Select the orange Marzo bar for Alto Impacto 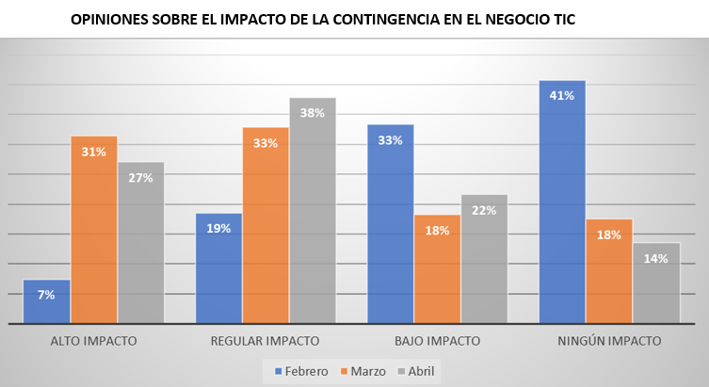pos(93,230)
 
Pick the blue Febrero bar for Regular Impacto pos(218,268)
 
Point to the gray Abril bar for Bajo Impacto pos(484,259)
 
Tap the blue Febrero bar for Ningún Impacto pos(562,202)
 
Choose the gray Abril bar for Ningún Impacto pos(656,282)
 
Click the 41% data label pos(562,95)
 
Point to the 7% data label pos(46,295)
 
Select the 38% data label pos(313,113)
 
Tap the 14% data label pos(656,258)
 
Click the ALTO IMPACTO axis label pos(93,340)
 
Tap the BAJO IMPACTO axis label pos(437,340)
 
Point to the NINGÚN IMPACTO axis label pos(609,340)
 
